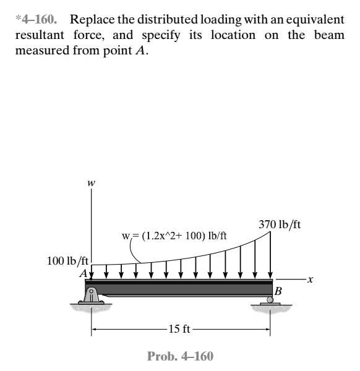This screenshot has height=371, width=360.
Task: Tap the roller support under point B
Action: tap(270, 301)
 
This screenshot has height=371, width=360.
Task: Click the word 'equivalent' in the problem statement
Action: tap(314, 14)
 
